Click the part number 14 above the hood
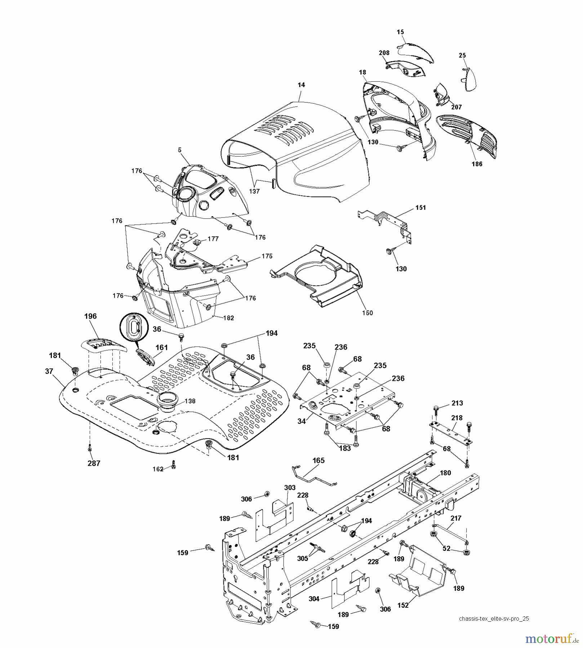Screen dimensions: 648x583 [301, 85]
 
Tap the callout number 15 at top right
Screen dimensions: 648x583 [400, 32]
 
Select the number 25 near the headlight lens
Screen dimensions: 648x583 [462, 55]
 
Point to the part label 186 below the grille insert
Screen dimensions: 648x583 [477, 164]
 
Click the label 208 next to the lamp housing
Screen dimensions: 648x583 [384, 53]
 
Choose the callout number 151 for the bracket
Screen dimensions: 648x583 [420, 208]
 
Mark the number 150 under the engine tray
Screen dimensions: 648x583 [368, 313]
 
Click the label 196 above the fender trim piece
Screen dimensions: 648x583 [90, 316]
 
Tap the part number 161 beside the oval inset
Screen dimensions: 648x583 [162, 347]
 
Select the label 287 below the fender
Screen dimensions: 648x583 [94, 463]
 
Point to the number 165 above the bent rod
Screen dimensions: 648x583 [319, 460]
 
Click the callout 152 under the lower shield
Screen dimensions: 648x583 [403, 605]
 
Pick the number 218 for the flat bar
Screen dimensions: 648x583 [457, 418]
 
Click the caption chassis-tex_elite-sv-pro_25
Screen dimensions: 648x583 [494, 619]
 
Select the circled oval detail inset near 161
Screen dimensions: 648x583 [134, 327]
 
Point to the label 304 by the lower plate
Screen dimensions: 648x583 [314, 599]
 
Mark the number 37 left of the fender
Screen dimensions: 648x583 [49, 371]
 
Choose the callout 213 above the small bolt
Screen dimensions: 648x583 [457, 403]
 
